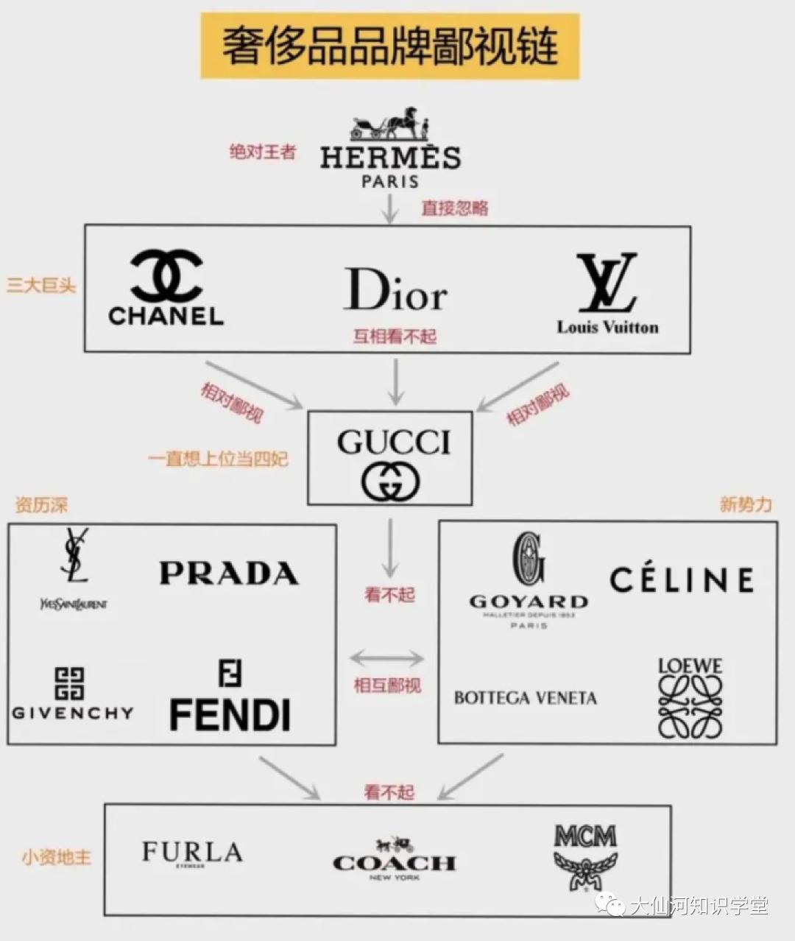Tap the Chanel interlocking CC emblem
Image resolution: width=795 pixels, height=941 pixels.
(x=166, y=275)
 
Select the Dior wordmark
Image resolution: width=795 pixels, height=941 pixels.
(x=395, y=290)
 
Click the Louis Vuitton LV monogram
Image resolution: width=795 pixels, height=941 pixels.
(x=607, y=283)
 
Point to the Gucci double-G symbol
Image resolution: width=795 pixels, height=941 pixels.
(x=390, y=482)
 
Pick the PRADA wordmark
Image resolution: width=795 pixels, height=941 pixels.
(x=229, y=574)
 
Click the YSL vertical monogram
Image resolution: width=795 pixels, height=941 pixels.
(x=74, y=555)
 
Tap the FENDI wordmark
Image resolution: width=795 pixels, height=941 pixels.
(x=230, y=715)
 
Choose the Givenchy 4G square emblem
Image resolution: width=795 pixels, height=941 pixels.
(x=70, y=683)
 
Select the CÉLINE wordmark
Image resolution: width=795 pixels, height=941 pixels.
(x=682, y=579)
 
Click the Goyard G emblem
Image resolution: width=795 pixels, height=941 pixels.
(x=529, y=560)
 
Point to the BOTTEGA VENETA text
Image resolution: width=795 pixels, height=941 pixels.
(x=525, y=698)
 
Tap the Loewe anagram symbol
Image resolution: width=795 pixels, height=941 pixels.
(x=690, y=707)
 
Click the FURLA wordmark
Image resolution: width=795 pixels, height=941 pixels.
(x=192, y=852)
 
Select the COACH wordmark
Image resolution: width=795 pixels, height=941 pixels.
(x=395, y=863)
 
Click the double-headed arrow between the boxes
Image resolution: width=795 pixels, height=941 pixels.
(x=387, y=658)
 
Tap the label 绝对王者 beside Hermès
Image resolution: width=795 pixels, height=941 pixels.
(x=263, y=152)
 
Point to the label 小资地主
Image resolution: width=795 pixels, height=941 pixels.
(x=57, y=857)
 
